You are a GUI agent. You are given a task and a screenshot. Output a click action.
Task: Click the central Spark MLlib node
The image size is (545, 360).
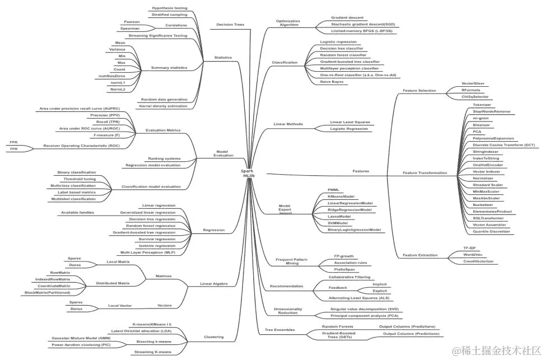click(x=248, y=173)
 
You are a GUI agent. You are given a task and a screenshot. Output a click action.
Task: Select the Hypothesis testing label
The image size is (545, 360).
click(x=170, y=8)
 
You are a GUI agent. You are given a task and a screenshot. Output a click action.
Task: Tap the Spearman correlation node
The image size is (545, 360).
click(x=130, y=28)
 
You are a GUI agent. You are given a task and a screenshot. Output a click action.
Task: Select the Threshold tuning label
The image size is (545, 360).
click(x=80, y=179)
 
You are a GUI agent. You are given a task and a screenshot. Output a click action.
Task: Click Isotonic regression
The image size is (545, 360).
click(x=157, y=245)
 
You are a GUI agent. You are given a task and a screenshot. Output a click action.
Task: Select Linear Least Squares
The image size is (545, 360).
click(x=350, y=121)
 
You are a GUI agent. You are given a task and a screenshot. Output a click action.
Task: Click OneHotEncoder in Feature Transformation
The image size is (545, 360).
click(x=487, y=165)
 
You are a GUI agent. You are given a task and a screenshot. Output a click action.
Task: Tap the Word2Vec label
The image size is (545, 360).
click(x=473, y=254)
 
